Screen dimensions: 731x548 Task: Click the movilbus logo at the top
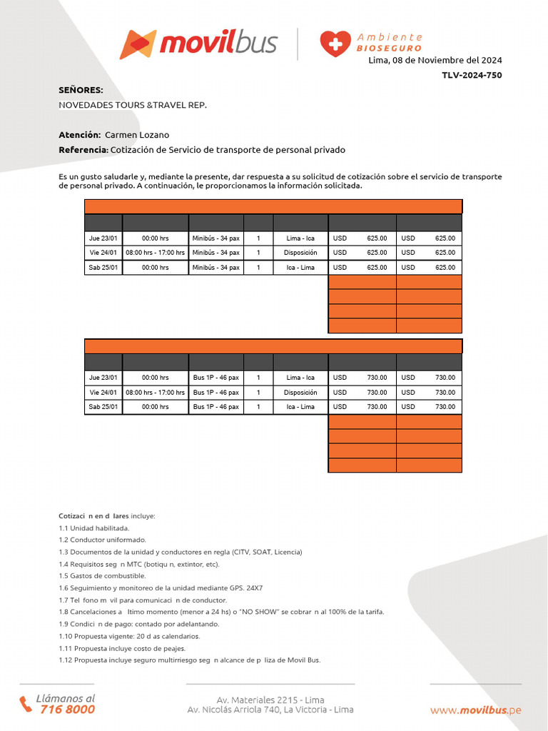(198, 44)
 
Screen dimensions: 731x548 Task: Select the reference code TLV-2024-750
(472, 75)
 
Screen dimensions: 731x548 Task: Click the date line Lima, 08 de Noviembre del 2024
(435, 60)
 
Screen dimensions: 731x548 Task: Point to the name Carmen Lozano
(137, 134)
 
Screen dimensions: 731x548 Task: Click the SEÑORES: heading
(81, 90)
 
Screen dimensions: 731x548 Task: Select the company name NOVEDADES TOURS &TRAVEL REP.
(133, 105)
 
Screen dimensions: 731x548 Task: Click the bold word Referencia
(83, 150)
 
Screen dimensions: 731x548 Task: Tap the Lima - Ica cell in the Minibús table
(300, 238)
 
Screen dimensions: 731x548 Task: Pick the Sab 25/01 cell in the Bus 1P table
(103, 407)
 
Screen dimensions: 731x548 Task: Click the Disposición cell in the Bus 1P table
(300, 393)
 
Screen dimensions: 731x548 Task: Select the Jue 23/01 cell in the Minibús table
(103, 238)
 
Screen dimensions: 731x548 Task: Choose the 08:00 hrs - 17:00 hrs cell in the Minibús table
(155, 253)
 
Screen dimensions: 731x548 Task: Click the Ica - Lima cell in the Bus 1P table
(300, 407)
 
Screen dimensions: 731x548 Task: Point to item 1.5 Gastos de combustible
(102, 576)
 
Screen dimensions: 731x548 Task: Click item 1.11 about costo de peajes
(122, 648)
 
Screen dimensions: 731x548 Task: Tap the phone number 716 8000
(67, 710)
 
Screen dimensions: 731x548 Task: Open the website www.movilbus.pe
(475, 710)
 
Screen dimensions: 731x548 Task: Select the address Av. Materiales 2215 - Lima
(270, 700)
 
